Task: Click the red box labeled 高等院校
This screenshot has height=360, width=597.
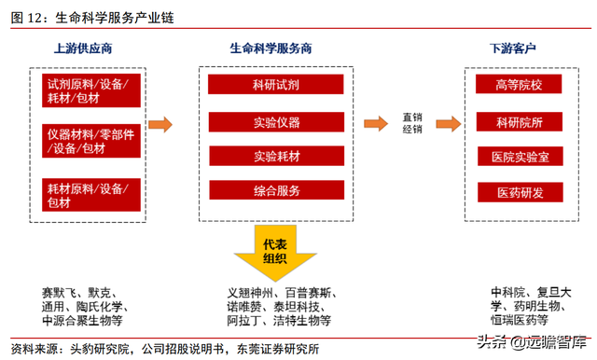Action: pyautogui.click(x=518, y=86)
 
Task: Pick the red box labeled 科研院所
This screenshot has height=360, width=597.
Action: pyautogui.click(x=518, y=121)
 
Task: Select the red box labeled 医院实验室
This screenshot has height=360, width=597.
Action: pyautogui.click(x=518, y=157)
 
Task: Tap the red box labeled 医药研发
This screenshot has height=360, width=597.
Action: pyautogui.click(x=518, y=192)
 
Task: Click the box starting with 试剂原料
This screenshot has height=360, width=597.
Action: pyautogui.click(x=91, y=90)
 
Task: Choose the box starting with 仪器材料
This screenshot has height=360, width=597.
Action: pyautogui.click(x=91, y=141)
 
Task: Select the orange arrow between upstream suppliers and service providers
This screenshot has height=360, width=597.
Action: pyautogui.click(x=161, y=123)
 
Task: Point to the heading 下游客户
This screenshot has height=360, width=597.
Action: pyautogui.click(x=519, y=48)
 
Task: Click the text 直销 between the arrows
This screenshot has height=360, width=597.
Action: pyautogui.click(x=412, y=117)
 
